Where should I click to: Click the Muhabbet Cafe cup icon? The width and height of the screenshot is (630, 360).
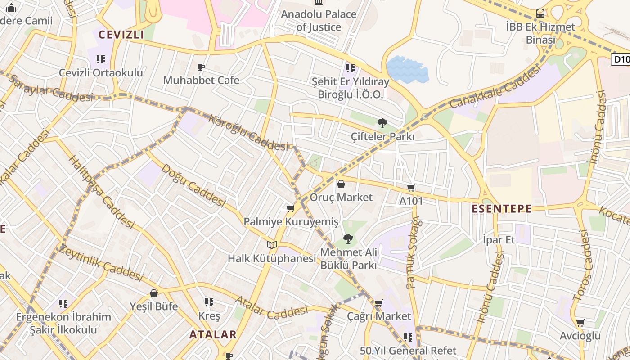[x=201, y=67]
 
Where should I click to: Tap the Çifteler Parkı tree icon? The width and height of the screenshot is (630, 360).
[x=382, y=123]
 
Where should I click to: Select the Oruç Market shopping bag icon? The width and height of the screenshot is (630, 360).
[x=341, y=184]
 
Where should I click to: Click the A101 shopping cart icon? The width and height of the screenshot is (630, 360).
[x=411, y=188]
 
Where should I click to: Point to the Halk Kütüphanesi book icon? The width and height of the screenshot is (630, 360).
[x=271, y=245]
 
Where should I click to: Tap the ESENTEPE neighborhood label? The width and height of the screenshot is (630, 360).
[x=502, y=209]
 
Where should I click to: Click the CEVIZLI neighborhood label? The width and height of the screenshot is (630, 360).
[x=121, y=35]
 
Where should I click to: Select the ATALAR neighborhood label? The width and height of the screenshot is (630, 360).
[x=213, y=334]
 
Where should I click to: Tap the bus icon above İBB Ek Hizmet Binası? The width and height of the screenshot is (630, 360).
[x=540, y=13]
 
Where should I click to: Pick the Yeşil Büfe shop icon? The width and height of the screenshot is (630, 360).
[x=154, y=293]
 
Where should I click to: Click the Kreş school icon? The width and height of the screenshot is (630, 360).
[x=209, y=302]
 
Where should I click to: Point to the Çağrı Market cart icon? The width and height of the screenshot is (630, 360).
[x=379, y=303]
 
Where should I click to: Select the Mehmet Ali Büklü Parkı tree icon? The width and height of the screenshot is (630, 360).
[x=348, y=239]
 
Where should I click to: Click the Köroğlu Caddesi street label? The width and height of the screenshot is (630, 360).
[x=248, y=133]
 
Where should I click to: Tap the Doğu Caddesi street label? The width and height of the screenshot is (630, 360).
[x=193, y=185]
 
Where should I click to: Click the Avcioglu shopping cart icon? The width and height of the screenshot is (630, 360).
[x=580, y=323]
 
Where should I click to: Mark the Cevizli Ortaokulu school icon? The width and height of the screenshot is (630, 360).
[x=101, y=59]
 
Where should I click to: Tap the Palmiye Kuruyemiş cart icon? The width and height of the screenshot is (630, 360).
[x=290, y=208]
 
